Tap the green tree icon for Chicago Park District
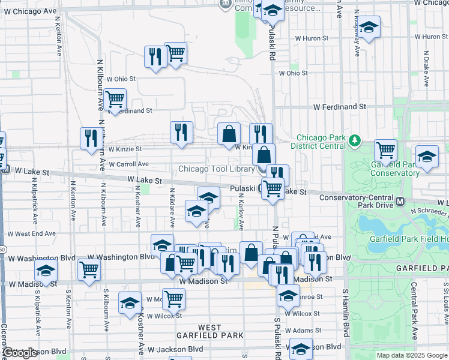(x=355, y=141)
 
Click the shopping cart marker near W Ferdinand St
(x=115, y=100)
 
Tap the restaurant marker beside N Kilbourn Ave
(x=91, y=139)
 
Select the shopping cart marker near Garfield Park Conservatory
(x=385, y=150)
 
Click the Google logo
(x=20, y=353)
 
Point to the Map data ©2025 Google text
(x=412, y=355)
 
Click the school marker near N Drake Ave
(x=369, y=27)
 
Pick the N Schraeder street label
(x=430, y=211)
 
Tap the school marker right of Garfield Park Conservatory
(x=427, y=157)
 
